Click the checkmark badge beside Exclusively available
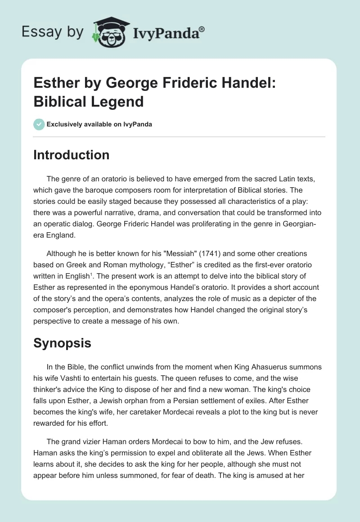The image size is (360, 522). coord(39,124)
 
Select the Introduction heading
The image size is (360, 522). coord(72,155)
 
